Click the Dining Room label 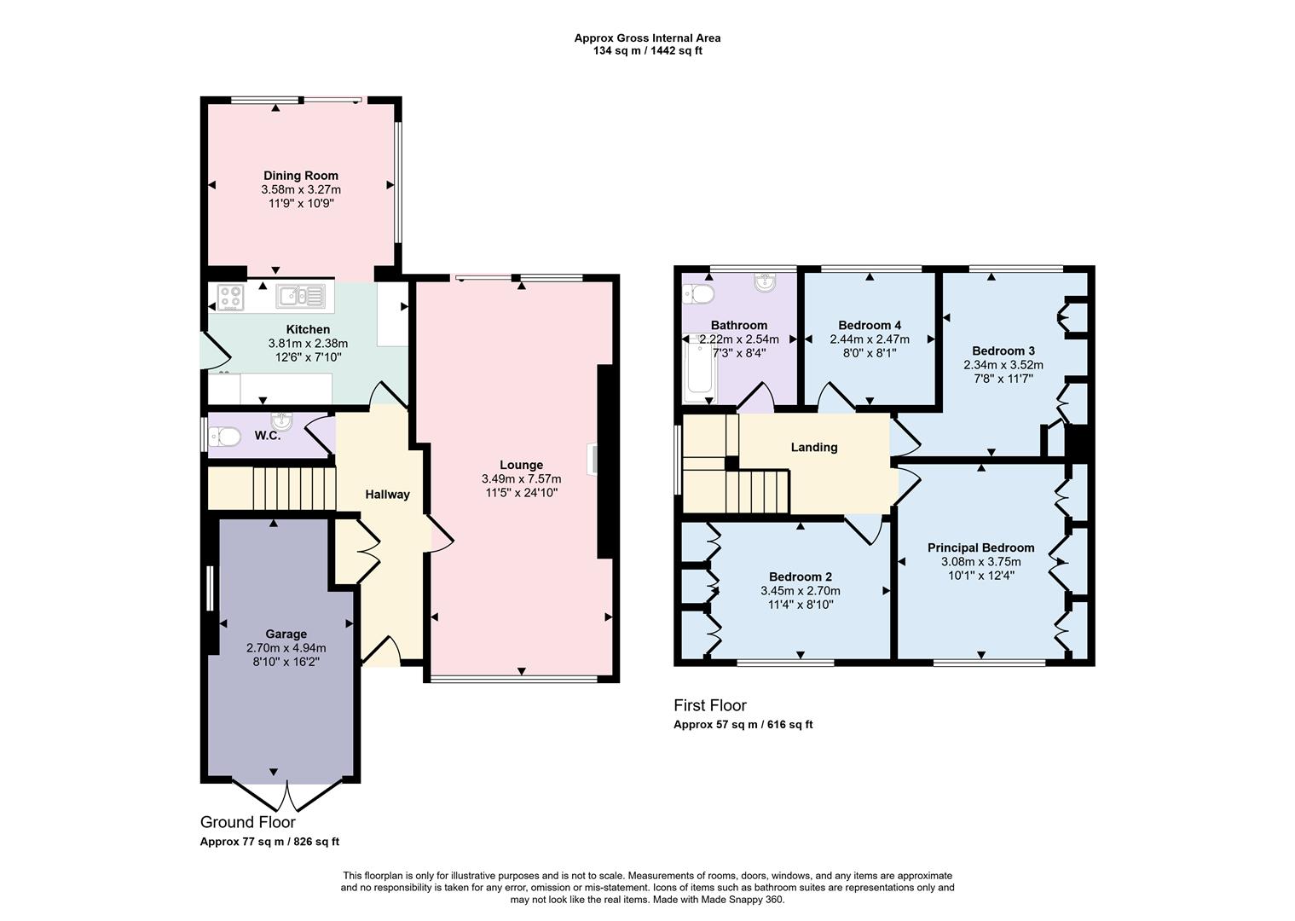click(300, 176)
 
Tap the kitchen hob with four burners click(230, 297)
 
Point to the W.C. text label click(267, 436)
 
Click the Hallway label click(387, 495)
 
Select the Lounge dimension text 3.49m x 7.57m click(521, 479)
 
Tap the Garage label click(286, 634)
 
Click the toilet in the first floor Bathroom click(699, 294)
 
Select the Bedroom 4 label click(869, 325)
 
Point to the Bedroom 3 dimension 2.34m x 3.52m click(1003, 365)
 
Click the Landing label click(813, 447)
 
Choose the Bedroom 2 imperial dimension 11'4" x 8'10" click(800, 605)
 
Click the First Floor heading click(709, 705)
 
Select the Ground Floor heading click(247, 822)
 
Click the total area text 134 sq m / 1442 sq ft click(647, 50)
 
